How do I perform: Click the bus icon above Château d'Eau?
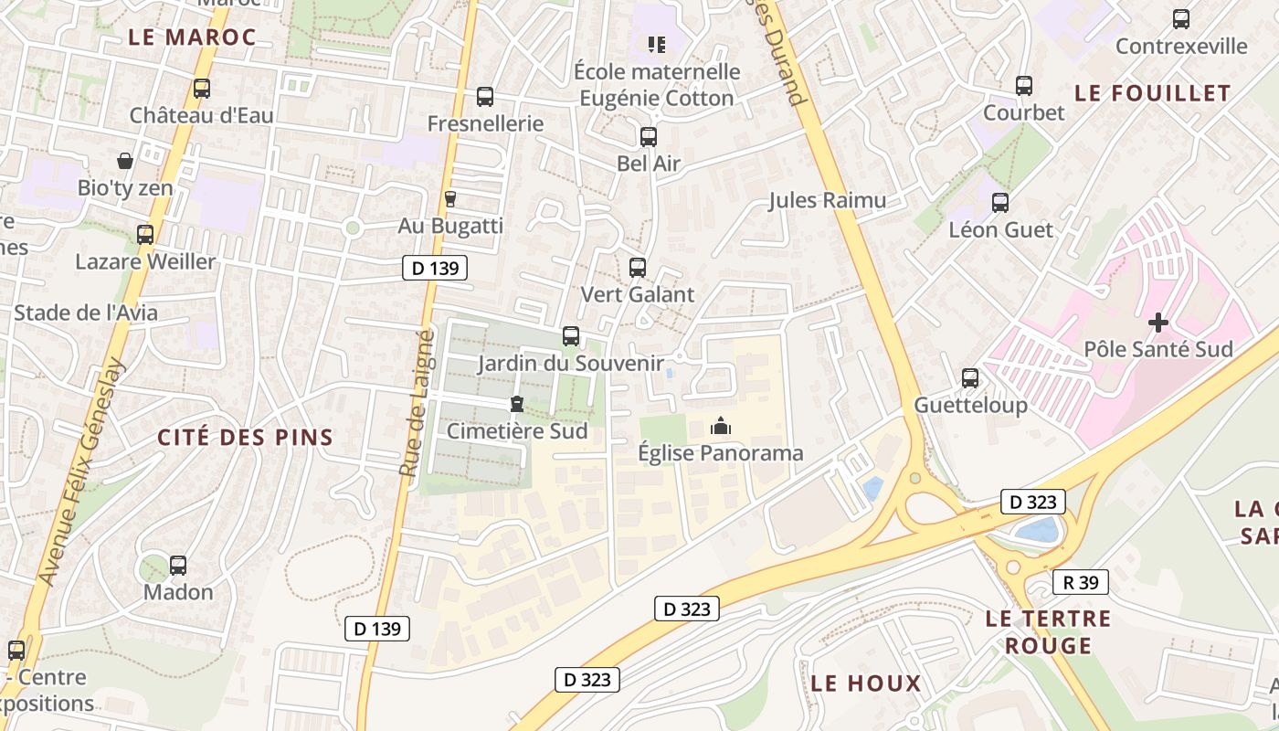[202, 89]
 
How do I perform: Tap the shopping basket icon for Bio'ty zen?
[125, 161]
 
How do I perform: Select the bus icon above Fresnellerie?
[485, 96]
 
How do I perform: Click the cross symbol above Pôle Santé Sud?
[1158, 322]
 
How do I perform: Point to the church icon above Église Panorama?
[721, 426]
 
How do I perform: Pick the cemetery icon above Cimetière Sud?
[517, 403]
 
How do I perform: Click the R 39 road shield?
[1081, 582]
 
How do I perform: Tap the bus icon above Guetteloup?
[970, 377]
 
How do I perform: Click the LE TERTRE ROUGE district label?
[1048, 632]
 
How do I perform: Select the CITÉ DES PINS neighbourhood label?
[246, 437]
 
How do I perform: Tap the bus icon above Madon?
[178, 565]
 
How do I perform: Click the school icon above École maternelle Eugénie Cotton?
[656, 44]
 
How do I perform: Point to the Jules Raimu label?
[827, 200]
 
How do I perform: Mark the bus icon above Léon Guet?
[1000, 202]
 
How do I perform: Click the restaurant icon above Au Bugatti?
[449, 198]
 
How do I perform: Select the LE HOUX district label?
[866, 683]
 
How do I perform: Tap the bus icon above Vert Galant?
[638, 268]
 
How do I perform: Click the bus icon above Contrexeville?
[1181, 18]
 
